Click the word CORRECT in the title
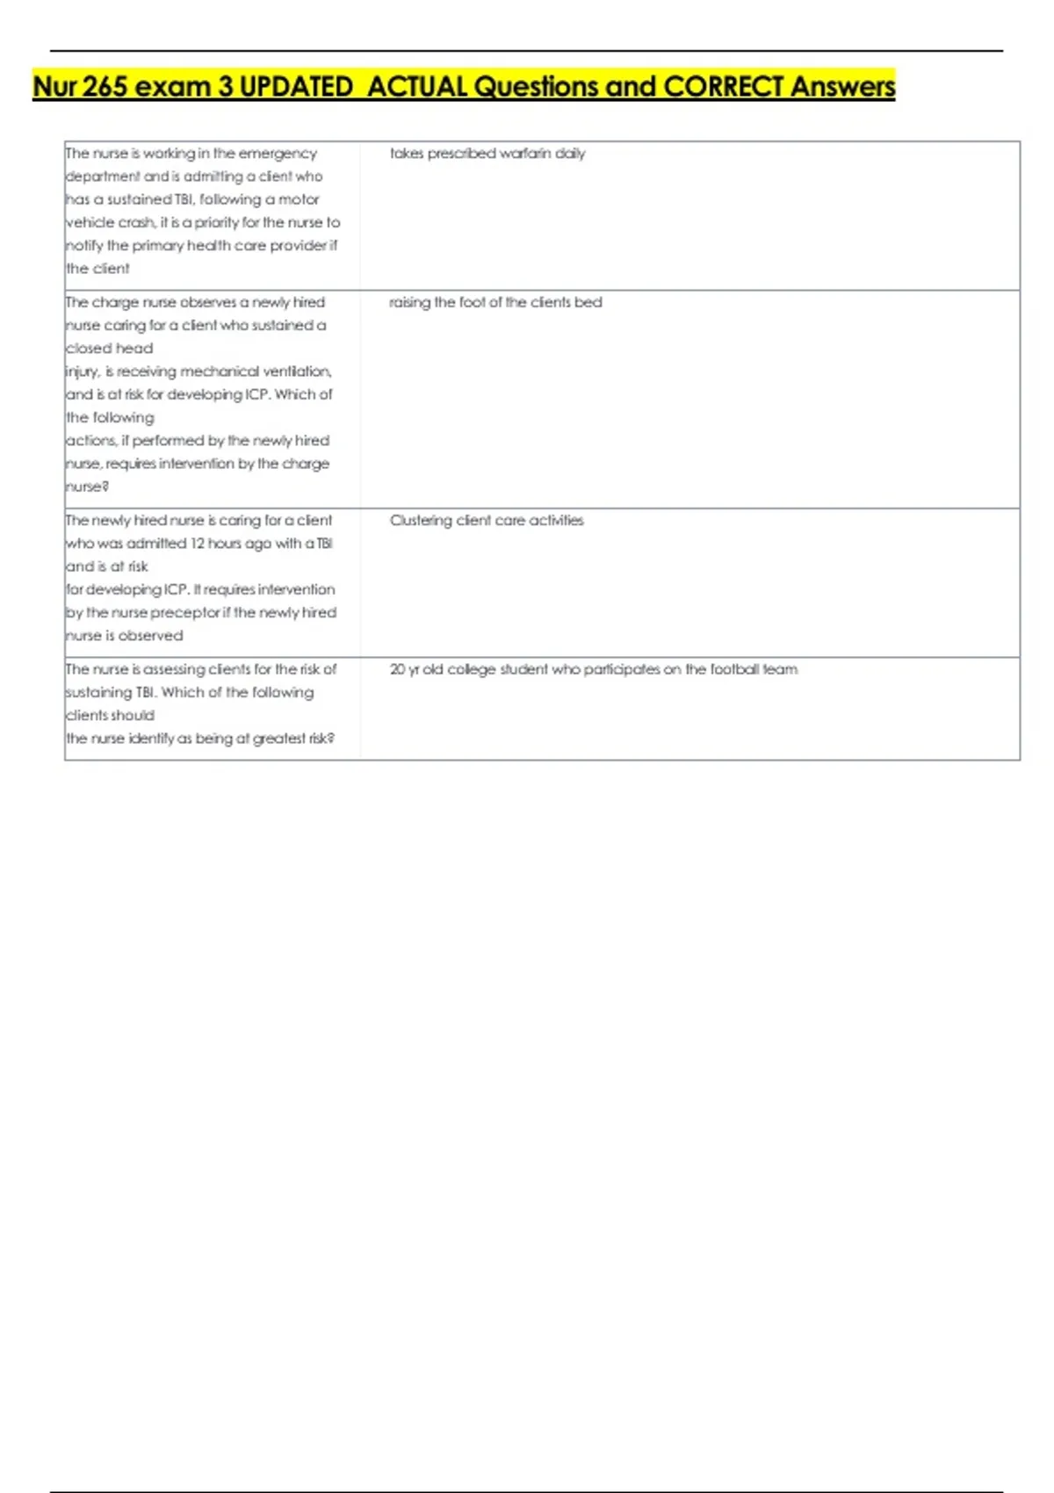723,87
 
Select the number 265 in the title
105,87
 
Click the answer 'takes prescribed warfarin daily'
487,154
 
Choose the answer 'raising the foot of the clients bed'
495,302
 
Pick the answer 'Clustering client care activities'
487,521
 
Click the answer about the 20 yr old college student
594,669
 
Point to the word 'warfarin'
525,154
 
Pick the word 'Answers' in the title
842,87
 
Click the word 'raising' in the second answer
409,302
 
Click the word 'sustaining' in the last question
98,693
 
